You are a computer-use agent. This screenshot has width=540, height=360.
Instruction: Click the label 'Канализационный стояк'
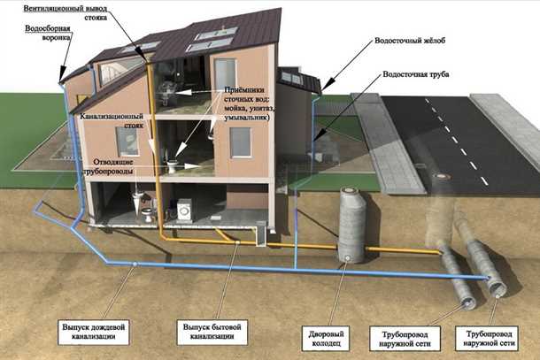111,119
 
